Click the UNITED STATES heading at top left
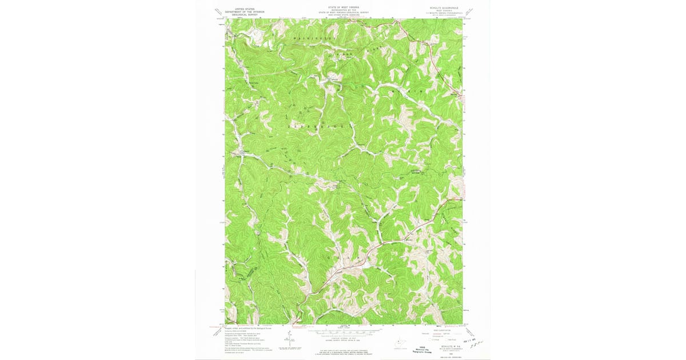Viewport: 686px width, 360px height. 240,9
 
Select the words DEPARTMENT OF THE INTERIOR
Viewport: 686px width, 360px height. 240,11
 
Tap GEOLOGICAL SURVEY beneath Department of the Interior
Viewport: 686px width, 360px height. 240,14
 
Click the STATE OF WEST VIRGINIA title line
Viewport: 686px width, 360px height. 343,7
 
